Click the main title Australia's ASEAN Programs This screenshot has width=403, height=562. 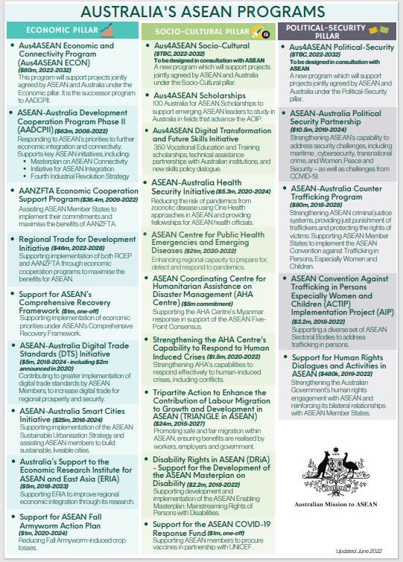tap(201, 11)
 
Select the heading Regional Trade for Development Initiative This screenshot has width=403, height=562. tap(72, 243)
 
